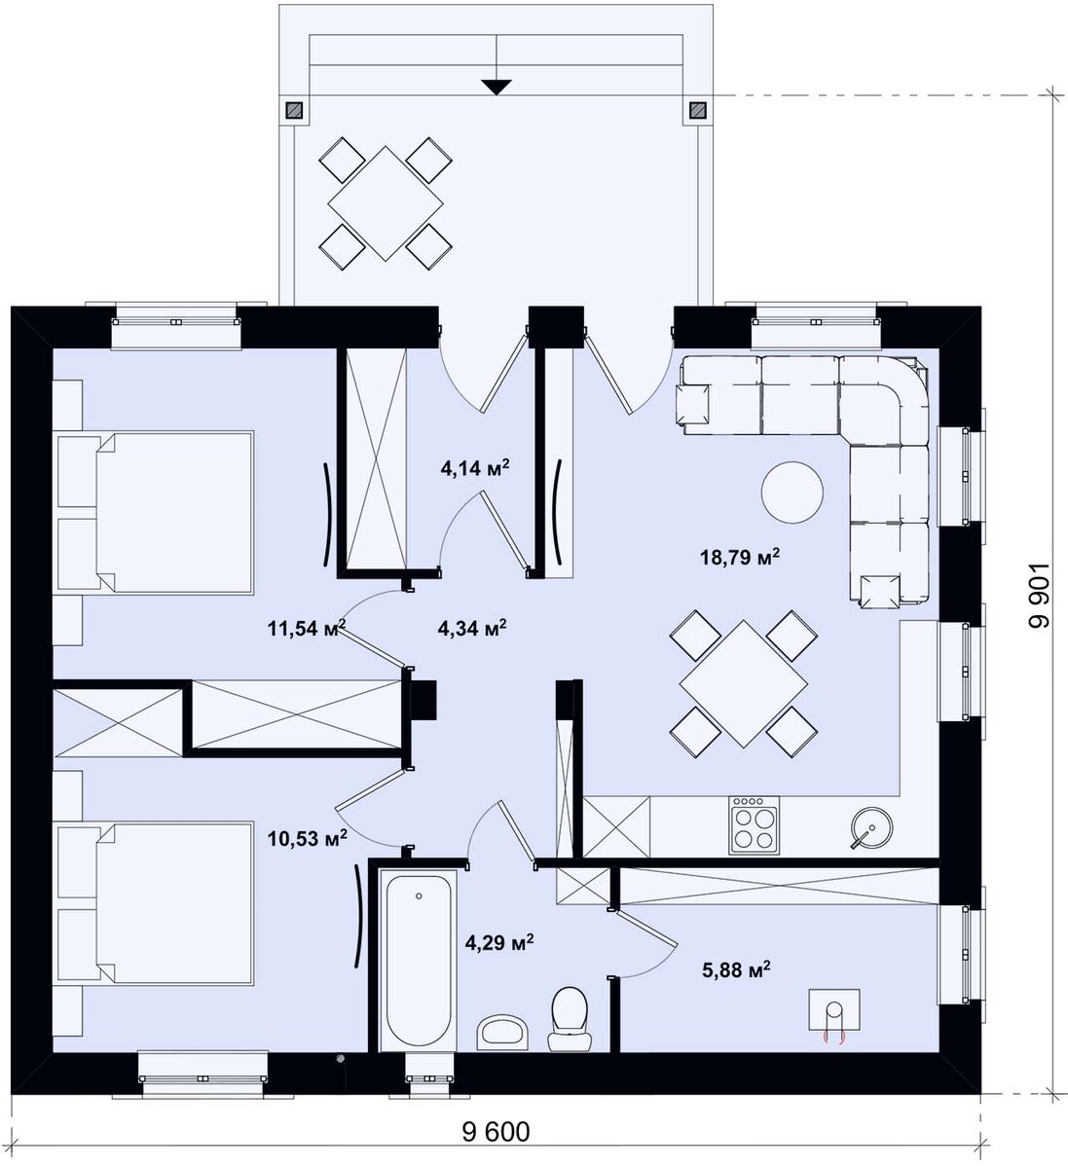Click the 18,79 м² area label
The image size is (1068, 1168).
click(739, 557)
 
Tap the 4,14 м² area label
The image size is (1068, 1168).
click(475, 467)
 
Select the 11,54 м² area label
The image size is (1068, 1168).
click(307, 628)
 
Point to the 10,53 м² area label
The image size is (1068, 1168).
click(308, 838)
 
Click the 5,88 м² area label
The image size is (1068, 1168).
click(736, 970)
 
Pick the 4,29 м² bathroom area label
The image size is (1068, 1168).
click(499, 942)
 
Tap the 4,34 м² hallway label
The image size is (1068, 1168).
click(471, 628)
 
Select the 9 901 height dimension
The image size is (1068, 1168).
click(1039, 595)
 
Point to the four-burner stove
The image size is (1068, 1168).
click(754, 825)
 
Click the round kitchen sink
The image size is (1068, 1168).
click(870, 826)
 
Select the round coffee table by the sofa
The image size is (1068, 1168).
click(792, 492)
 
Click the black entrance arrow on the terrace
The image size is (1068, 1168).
click(497, 87)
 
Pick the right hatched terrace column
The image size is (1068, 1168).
click(697, 109)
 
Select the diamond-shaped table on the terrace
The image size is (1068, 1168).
click(386, 203)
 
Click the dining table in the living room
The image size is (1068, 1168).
click(743, 683)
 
